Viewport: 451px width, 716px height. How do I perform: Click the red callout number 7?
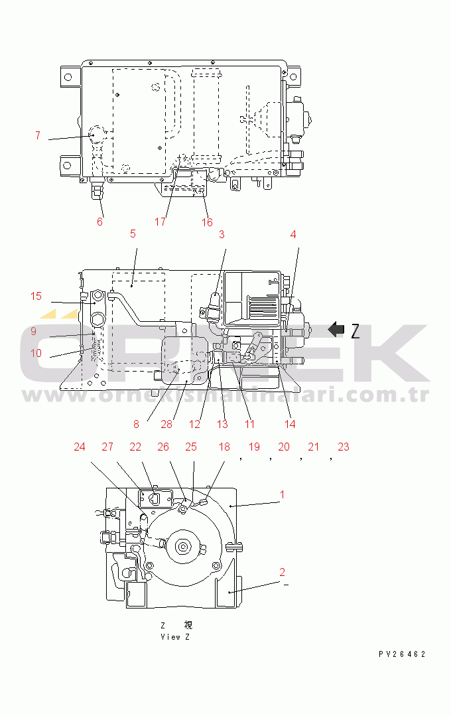click(38, 135)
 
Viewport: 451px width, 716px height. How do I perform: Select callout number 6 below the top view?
click(100, 222)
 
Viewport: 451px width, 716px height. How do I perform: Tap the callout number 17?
click(160, 222)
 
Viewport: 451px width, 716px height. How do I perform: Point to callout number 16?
click(207, 222)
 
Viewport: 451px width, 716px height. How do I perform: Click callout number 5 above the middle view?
click(133, 234)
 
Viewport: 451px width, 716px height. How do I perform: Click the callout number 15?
click(36, 296)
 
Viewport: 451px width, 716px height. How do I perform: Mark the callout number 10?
click(36, 353)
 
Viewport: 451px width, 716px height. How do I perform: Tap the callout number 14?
click(290, 424)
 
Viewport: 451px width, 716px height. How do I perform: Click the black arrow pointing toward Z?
click(337, 329)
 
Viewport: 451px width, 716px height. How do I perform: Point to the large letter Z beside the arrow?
click(355, 330)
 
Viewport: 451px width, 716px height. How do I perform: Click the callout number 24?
click(80, 447)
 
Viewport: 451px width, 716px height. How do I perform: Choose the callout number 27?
click(107, 447)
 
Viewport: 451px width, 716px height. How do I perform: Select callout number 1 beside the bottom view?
click(282, 494)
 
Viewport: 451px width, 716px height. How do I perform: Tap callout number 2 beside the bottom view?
click(282, 572)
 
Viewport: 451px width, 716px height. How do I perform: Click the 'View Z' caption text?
click(175, 637)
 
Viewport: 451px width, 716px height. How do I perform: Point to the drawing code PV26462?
click(402, 654)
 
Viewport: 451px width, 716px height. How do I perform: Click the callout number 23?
click(343, 447)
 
